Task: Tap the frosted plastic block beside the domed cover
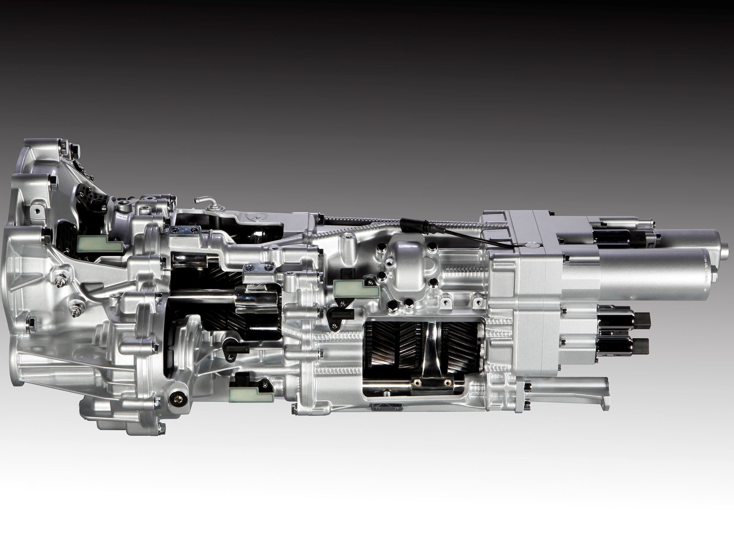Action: tap(356, 287)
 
